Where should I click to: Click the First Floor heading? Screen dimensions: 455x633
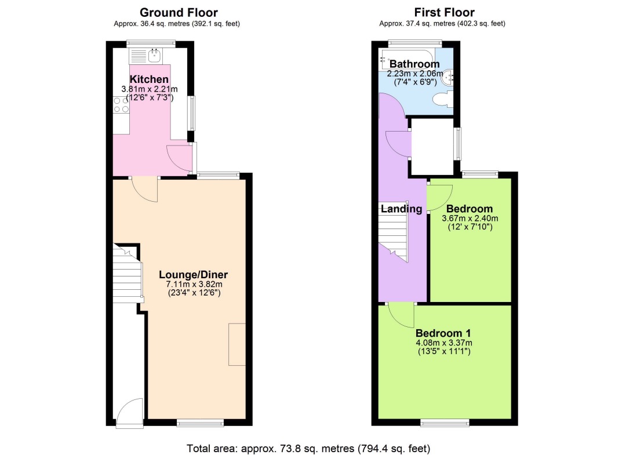[x=445, y=12]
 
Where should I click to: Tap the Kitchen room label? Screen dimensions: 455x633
[x=149, y=79]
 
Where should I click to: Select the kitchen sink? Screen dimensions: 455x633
[x=155, y=56]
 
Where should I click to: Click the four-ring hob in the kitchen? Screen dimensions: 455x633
[x=121, y=104]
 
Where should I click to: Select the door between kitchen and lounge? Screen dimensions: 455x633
[x=144, y=189]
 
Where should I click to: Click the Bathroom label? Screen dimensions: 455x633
[x=414, y=64]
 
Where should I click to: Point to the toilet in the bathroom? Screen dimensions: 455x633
[x=442, y=100]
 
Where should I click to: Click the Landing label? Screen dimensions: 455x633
[x=401, y=209]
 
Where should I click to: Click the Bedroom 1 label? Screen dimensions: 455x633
[x=443, y=333]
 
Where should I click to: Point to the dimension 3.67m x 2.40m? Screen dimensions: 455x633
[x=470, y=219]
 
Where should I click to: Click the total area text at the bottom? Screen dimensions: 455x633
[x=308, y=448]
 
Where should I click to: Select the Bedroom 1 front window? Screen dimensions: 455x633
[x=445, y=423]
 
